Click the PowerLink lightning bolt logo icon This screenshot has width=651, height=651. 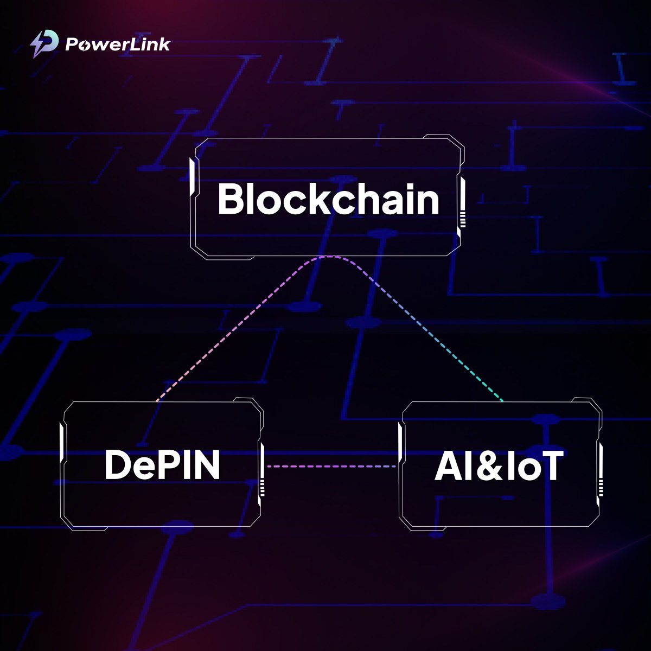click(43, 44)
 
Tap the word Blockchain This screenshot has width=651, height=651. click(328, 199)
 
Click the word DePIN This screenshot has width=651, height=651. click(162, 465)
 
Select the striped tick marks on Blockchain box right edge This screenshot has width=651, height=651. click(462, 220)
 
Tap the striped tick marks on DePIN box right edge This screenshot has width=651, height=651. click(262, 488)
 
